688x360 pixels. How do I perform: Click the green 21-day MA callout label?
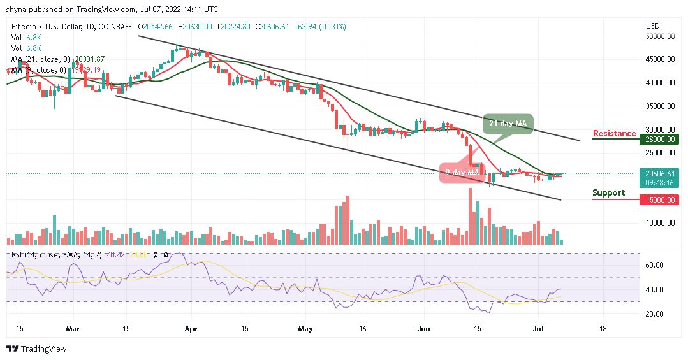pyautogui.click(x=507, y=124)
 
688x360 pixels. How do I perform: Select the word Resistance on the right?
pyautogui.click(x=614, y=133)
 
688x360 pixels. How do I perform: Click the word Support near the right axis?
pyautogui.click(x=608, y=192)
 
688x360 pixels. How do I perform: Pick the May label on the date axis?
pyautogui.click(x=305, y=329)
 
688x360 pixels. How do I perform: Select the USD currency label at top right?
pyautogui.click(x=652, y=26)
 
